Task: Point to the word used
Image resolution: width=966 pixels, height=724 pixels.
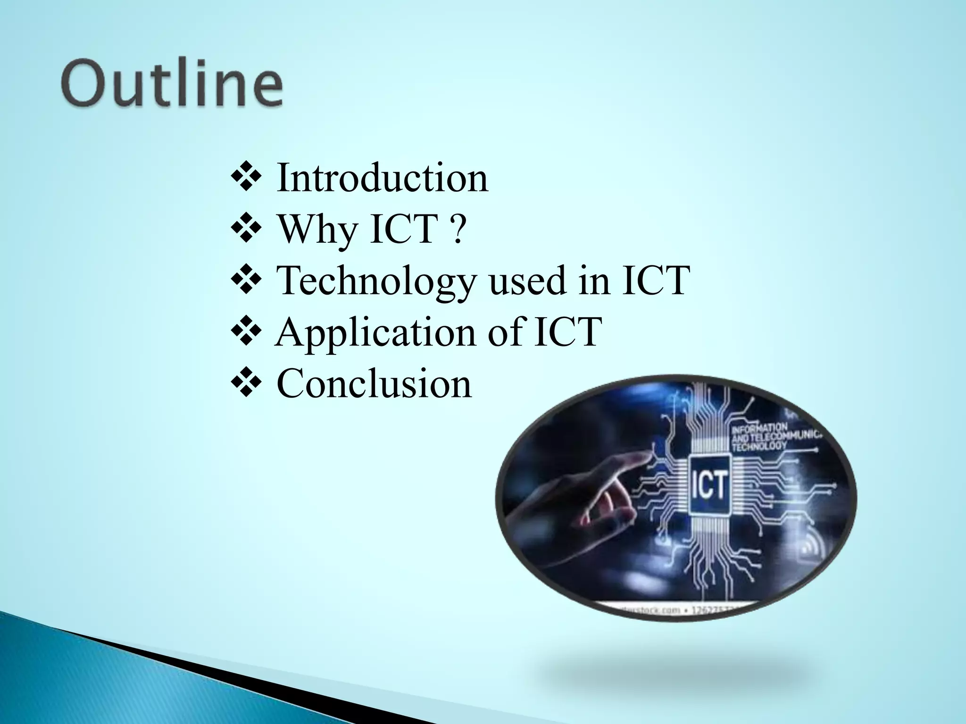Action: (x=526, y=281)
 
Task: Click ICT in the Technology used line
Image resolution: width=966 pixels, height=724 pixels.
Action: (x=655, y=281)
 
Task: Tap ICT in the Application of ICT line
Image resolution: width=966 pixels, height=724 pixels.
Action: (x=567, y=332)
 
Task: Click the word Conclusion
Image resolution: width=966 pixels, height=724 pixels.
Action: (x=374, y=384)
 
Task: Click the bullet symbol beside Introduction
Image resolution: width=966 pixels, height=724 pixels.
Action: (x=246, y=179)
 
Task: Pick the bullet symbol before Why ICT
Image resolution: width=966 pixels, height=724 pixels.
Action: (x=246, y=230)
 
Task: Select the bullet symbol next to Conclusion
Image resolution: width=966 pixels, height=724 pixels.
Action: (x=246, y=384)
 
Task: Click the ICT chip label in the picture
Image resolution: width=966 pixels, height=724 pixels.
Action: (x=710, y=485)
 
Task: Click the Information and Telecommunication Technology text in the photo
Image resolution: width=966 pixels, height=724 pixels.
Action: (x=774, y=436)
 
